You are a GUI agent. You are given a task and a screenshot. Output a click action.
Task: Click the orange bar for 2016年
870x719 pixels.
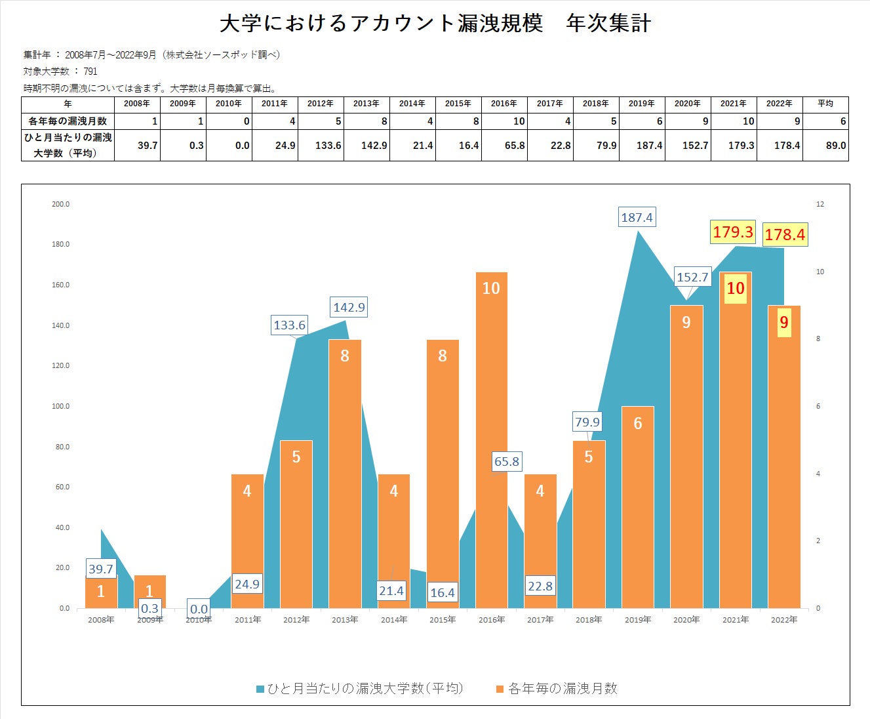coord(491,440)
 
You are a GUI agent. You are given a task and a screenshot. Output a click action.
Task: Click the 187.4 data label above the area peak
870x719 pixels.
coord(637,217)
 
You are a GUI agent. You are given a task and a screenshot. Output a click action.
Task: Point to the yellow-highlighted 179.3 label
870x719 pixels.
coord(733,232)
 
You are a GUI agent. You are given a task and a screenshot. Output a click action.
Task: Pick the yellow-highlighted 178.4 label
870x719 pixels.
coord(784,234)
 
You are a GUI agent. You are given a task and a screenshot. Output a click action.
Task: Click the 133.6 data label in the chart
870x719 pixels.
coord(289,325)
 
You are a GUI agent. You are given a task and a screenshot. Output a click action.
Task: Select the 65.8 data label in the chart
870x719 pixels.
coord(507,461)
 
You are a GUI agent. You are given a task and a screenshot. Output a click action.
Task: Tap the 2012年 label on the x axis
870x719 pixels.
coord(296,620)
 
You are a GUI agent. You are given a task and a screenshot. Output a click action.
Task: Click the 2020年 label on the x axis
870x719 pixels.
coord(686,620)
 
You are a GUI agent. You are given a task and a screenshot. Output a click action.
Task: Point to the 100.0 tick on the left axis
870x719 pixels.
coord(61,406)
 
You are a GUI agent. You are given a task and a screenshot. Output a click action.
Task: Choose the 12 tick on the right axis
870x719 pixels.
coord(820,204)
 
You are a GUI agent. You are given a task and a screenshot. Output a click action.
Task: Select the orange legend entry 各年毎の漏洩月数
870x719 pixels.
coord(557,688)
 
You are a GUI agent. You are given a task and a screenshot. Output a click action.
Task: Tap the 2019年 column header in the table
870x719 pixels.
coord(641,104)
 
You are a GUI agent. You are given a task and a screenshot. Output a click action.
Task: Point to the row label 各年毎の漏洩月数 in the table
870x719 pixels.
coord(68,121)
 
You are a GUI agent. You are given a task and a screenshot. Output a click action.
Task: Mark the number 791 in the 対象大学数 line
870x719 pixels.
coord(90,72)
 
